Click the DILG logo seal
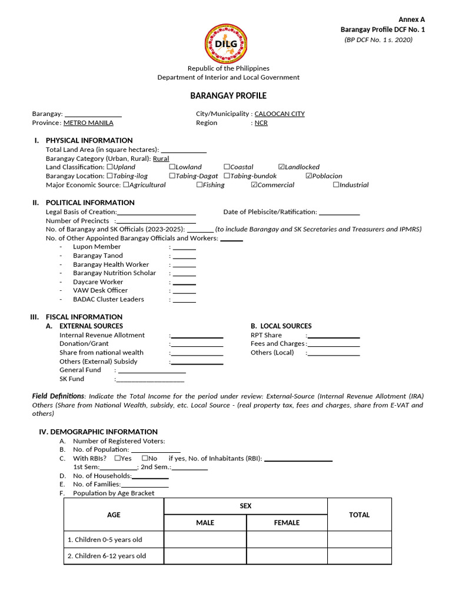tap(227, 44)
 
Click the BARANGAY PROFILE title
tap(228, 95)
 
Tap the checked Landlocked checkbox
tap(281, 167)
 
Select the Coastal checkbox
tap(227, 167)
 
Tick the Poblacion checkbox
tap(309, 176)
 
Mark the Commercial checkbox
tap(254, 185)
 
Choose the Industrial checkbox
tap(336, 185)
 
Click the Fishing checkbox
tap(200, 185)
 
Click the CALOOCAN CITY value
tap(280, 114)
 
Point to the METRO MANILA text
tap(88, 123)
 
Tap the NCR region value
tap(261, 123)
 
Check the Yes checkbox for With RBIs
tap(118, 458)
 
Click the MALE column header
tap(205, 522)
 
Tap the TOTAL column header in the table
tap(359, 515)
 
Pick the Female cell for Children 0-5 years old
tap(287, 539)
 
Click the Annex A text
tap(411, 19)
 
